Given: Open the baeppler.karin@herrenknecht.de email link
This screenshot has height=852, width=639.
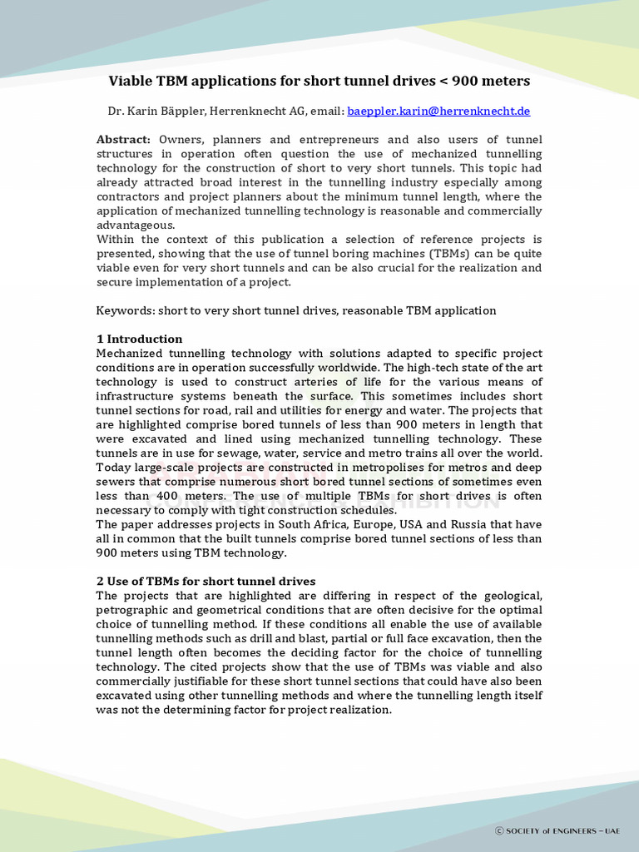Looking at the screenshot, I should pyautogui.click(x=438, y=111).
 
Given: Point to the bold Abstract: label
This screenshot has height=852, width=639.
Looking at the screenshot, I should pyautogui.click(x=123, y=140).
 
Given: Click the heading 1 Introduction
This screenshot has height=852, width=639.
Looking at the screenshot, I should pyautogui.click(x=139, y=339).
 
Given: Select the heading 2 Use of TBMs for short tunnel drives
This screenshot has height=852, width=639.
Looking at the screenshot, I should pyautogui.click(x=206, y=581).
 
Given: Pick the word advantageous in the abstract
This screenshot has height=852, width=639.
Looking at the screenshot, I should pyautogui.click(x=135, y=225).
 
